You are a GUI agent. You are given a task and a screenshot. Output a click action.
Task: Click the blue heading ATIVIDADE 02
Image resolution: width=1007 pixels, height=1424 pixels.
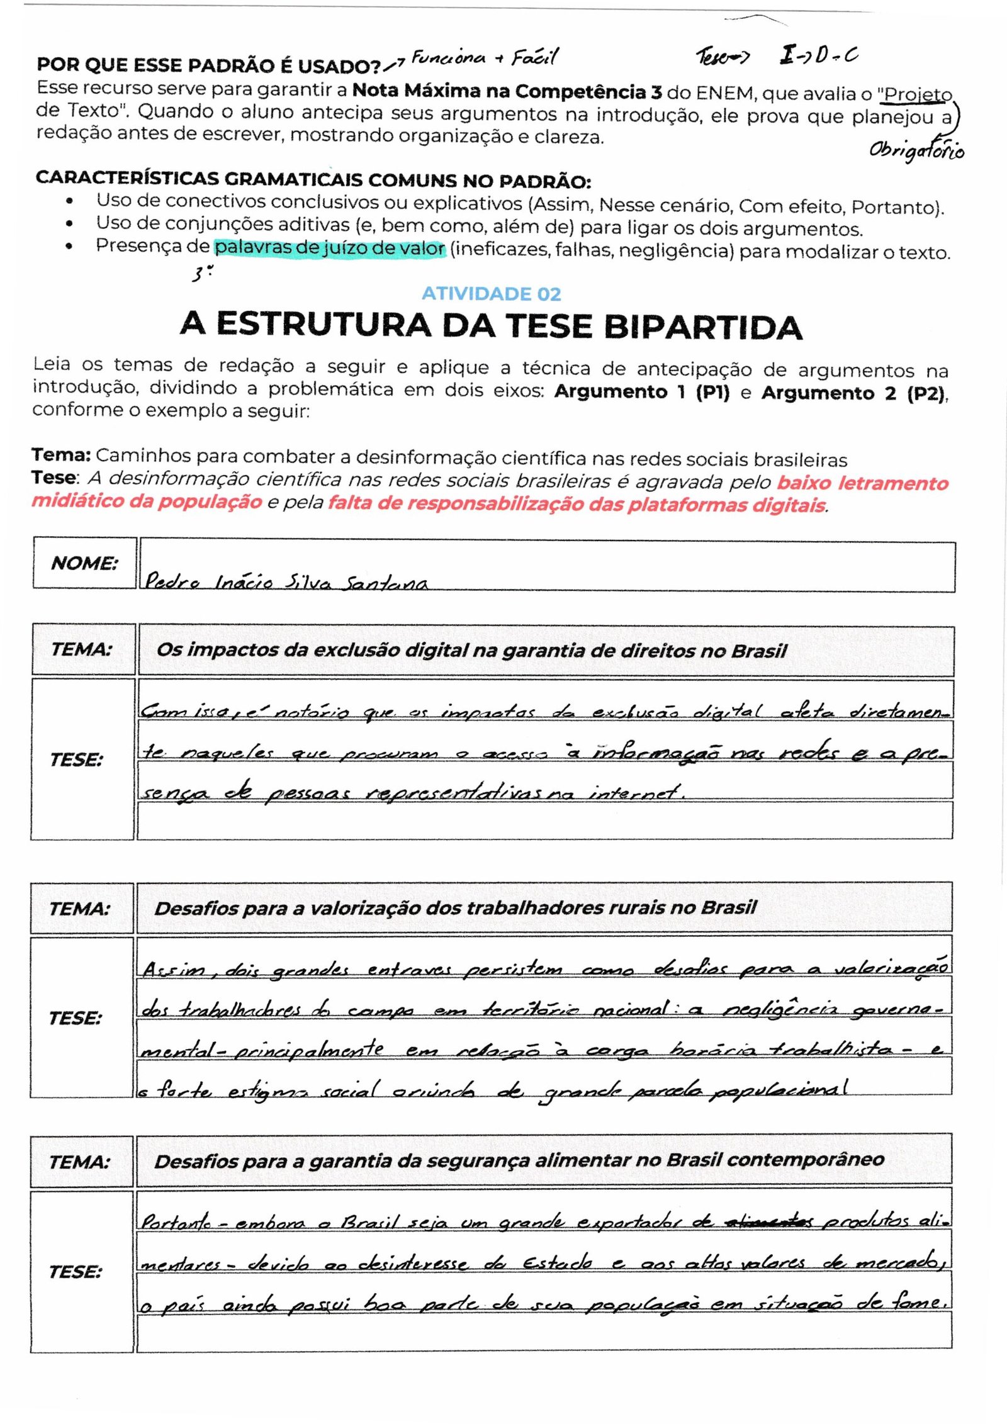pos(491,293)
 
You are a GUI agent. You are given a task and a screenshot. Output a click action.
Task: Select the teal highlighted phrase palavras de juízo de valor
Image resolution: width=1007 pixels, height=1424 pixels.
pos(330,248)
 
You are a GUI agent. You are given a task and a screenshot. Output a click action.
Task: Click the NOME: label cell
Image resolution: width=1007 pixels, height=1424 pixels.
pos(84,563)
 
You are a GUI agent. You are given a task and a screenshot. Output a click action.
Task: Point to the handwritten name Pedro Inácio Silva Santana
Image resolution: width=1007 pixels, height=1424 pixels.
pos(286,581)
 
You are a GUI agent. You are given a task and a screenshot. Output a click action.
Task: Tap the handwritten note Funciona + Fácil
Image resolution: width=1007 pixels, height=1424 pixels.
pos(484,59)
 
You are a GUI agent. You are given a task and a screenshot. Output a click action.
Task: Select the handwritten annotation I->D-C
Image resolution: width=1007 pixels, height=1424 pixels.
pos(818,56)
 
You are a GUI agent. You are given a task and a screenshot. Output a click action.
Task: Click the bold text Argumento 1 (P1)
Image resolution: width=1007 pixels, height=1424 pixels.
pos(641,391)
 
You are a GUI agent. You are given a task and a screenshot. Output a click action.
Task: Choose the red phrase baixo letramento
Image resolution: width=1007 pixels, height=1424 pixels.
pos(862,483)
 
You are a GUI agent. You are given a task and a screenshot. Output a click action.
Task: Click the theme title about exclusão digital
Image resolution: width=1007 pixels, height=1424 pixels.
pos(471,650)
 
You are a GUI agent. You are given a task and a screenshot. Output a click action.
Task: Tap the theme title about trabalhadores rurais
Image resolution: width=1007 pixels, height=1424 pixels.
pos(455,907)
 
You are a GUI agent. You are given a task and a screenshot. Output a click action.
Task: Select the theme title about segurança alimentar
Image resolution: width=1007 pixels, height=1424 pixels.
pos(519,1160)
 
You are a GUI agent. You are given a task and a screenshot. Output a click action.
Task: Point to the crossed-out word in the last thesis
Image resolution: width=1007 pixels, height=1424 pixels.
pos(768,1222)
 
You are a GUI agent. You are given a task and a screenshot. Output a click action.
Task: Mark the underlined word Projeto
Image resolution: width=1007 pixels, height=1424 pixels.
pos(918,94)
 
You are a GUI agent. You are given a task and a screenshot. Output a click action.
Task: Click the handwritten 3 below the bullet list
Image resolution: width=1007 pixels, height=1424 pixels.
pos(199,274)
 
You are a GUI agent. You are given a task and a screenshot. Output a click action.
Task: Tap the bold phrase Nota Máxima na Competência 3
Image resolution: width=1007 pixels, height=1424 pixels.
pos(507,91)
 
